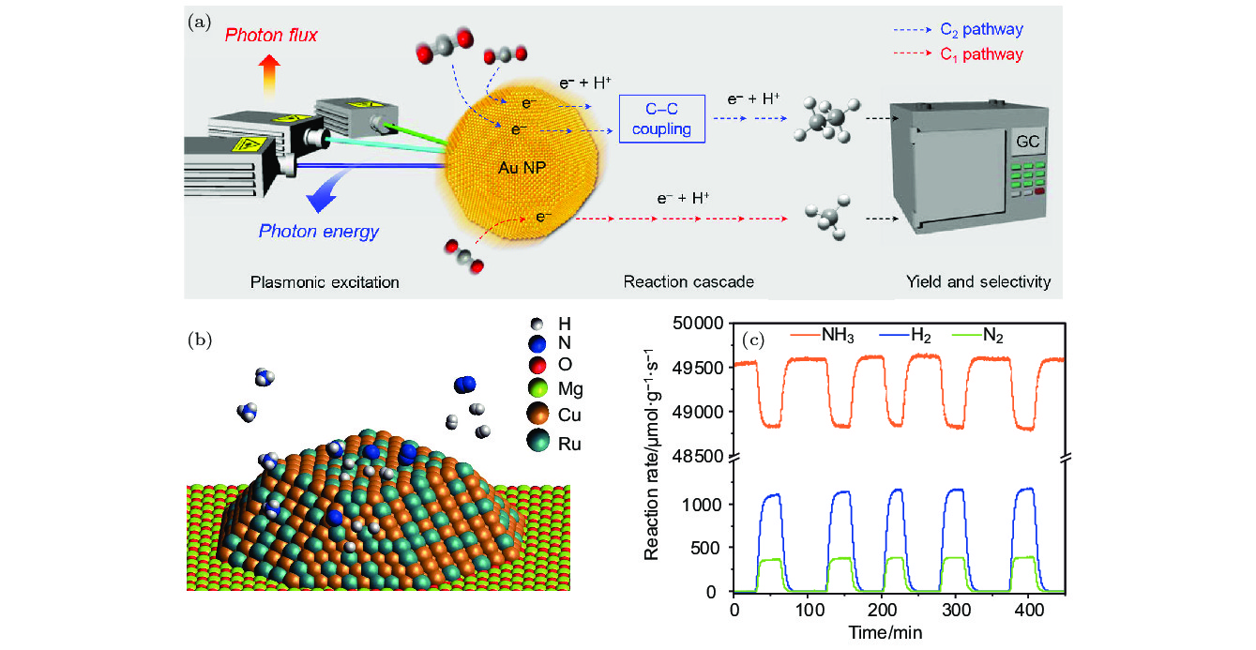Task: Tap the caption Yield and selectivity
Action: [976, 282]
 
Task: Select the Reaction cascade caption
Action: [674, 282]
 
